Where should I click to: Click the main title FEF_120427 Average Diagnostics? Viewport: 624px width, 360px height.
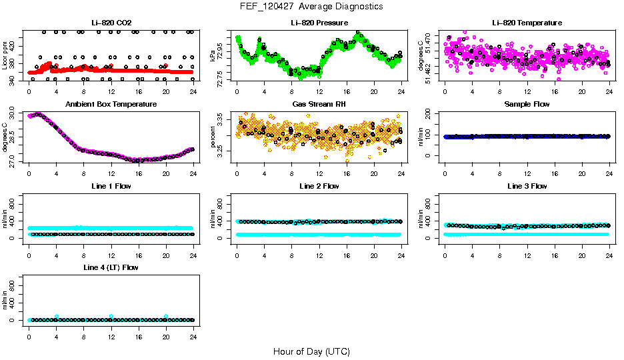coord(311,6)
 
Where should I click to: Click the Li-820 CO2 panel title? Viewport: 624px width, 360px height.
coord(111,23)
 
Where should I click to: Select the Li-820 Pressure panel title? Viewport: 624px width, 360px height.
coord(319,23)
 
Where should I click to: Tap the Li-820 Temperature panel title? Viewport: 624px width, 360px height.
coord(527,23)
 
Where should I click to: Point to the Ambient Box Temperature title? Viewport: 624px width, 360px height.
coord(111,104)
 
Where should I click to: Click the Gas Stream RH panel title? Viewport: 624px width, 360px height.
coord(319,104)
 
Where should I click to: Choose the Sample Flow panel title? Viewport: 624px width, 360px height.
coord(527,104)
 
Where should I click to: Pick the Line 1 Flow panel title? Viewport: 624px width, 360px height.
coord(111,186)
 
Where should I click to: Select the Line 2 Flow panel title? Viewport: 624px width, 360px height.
coord(319,186)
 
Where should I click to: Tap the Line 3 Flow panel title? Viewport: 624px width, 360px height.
coord(527,186)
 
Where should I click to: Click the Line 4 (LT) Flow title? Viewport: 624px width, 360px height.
coord(111,267)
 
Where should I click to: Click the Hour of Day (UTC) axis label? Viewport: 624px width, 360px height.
coord(311,351)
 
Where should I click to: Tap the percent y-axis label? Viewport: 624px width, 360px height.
coord(213,137)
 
